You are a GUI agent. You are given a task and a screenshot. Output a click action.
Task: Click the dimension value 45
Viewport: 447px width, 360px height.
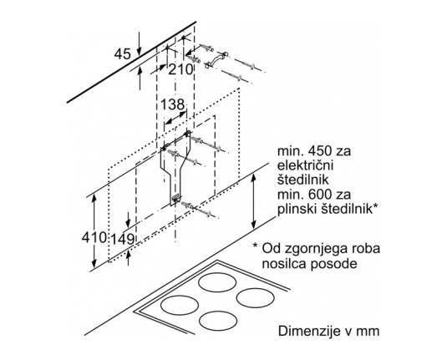[x=123, y=54]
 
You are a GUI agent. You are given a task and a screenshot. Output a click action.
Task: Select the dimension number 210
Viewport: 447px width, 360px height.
[x=180, y=69]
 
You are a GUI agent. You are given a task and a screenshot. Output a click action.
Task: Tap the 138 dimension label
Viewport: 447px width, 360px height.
[x=173, y=104]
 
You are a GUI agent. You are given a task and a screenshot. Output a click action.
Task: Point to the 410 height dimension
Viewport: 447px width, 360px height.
[x=94, y=237]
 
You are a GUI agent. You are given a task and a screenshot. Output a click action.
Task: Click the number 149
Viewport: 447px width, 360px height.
[x=123, y=239]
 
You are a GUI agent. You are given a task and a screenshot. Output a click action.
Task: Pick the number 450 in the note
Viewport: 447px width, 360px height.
[x=317, y=151]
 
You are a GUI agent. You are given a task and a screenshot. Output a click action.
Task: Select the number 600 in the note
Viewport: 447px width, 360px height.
[x=317, y=195]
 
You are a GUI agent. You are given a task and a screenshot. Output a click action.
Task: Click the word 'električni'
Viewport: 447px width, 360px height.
[x=306, y=165]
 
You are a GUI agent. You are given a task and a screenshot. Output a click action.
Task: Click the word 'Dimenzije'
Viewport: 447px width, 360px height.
[x=305, y=332]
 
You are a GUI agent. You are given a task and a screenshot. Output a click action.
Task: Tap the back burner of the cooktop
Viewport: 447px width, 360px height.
[x=217, y=282]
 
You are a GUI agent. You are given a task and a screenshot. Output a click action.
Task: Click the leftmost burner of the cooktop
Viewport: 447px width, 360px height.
[x=180, y=305]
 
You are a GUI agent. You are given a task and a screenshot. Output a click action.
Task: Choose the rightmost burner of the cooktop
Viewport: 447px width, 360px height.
[x=256, y=298]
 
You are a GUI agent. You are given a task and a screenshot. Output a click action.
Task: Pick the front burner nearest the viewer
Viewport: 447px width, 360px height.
[x=218, y=321]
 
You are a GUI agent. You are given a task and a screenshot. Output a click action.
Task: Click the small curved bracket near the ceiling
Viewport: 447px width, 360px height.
[x=216, y=59]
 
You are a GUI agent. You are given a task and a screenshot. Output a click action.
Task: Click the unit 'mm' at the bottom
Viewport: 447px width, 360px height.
[x=368, y=332]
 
